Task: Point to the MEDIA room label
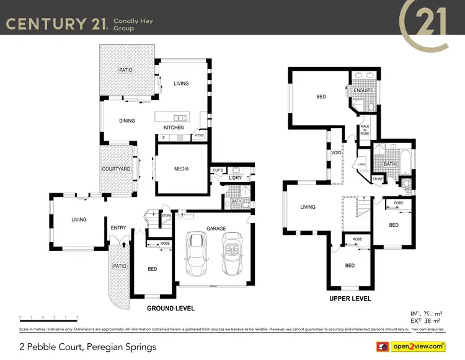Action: point(181,169)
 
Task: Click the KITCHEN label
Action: point(174,128)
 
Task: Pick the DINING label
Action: point(126,121)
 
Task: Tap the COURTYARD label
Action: point(116,169)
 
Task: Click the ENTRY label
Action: point(118,228)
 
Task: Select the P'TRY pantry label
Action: point(199,136)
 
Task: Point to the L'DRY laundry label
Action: point(235,178)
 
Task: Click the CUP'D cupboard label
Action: point(218,170)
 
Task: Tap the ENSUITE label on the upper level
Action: point(363,90)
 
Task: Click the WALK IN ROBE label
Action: point(365,130)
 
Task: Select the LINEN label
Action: point(361,164)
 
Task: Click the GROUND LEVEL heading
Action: point(170,308)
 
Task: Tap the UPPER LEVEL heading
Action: point(350,299)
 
